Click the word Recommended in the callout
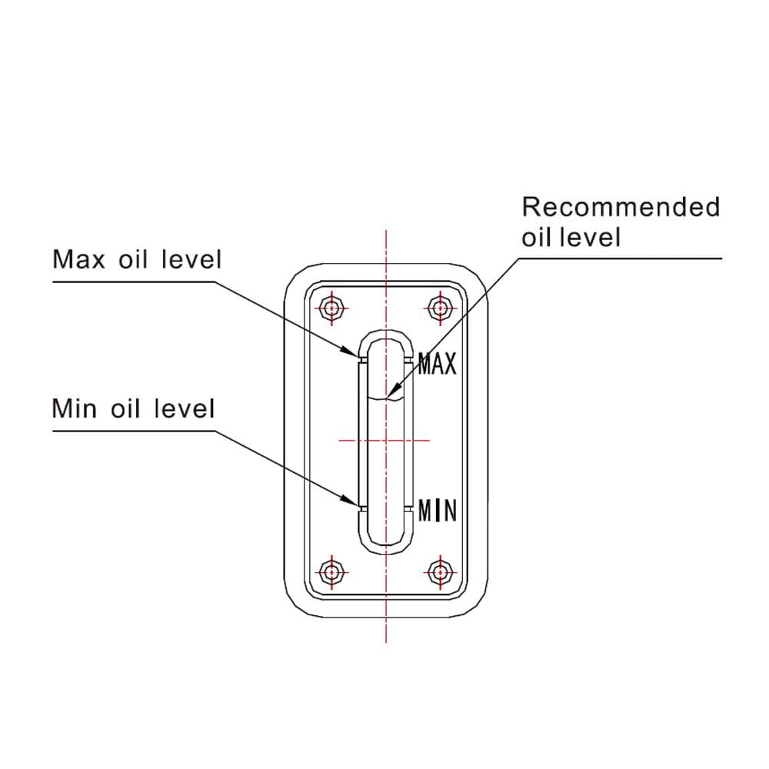[x=621, y=207]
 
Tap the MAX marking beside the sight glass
[x=438, y=363]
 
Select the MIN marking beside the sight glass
[x=438, y=510]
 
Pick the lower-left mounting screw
[x=333, y=571]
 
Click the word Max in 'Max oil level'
[x=77, y=260]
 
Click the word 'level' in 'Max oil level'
[x=191, y=260]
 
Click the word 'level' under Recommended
[x=590, y=237]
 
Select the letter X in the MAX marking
[x=450, y=363]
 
